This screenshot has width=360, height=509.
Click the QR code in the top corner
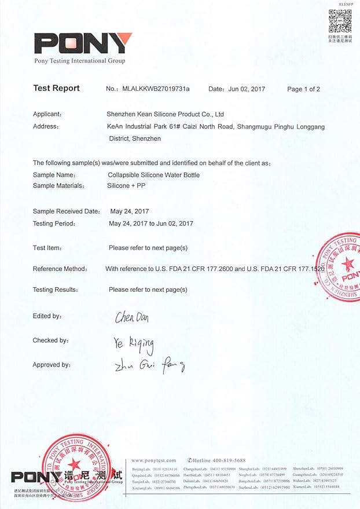pyautogui.click(x=340, y=21)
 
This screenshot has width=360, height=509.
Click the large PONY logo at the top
pyautogui.click(x=83, y=43)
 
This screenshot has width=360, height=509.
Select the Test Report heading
pyautogui.click(x=56, y=89)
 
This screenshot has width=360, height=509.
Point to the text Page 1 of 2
pyautogui.click(x=303, y=89)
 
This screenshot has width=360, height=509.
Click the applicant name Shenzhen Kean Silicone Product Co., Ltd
pyautogui.click(x=166, y=114)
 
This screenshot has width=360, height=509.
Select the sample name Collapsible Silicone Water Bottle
pyautogui.click(x=153, y=175)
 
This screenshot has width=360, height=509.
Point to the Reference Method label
pyautogui.click(x=60, y=269)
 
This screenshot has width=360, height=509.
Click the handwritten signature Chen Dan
pyautogui.click(x=131, y=317)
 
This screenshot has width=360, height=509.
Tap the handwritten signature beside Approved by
pyautogui.click(x=149, y=365)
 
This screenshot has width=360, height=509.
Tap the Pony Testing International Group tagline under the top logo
pyautogui.click(x=80, y=61)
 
